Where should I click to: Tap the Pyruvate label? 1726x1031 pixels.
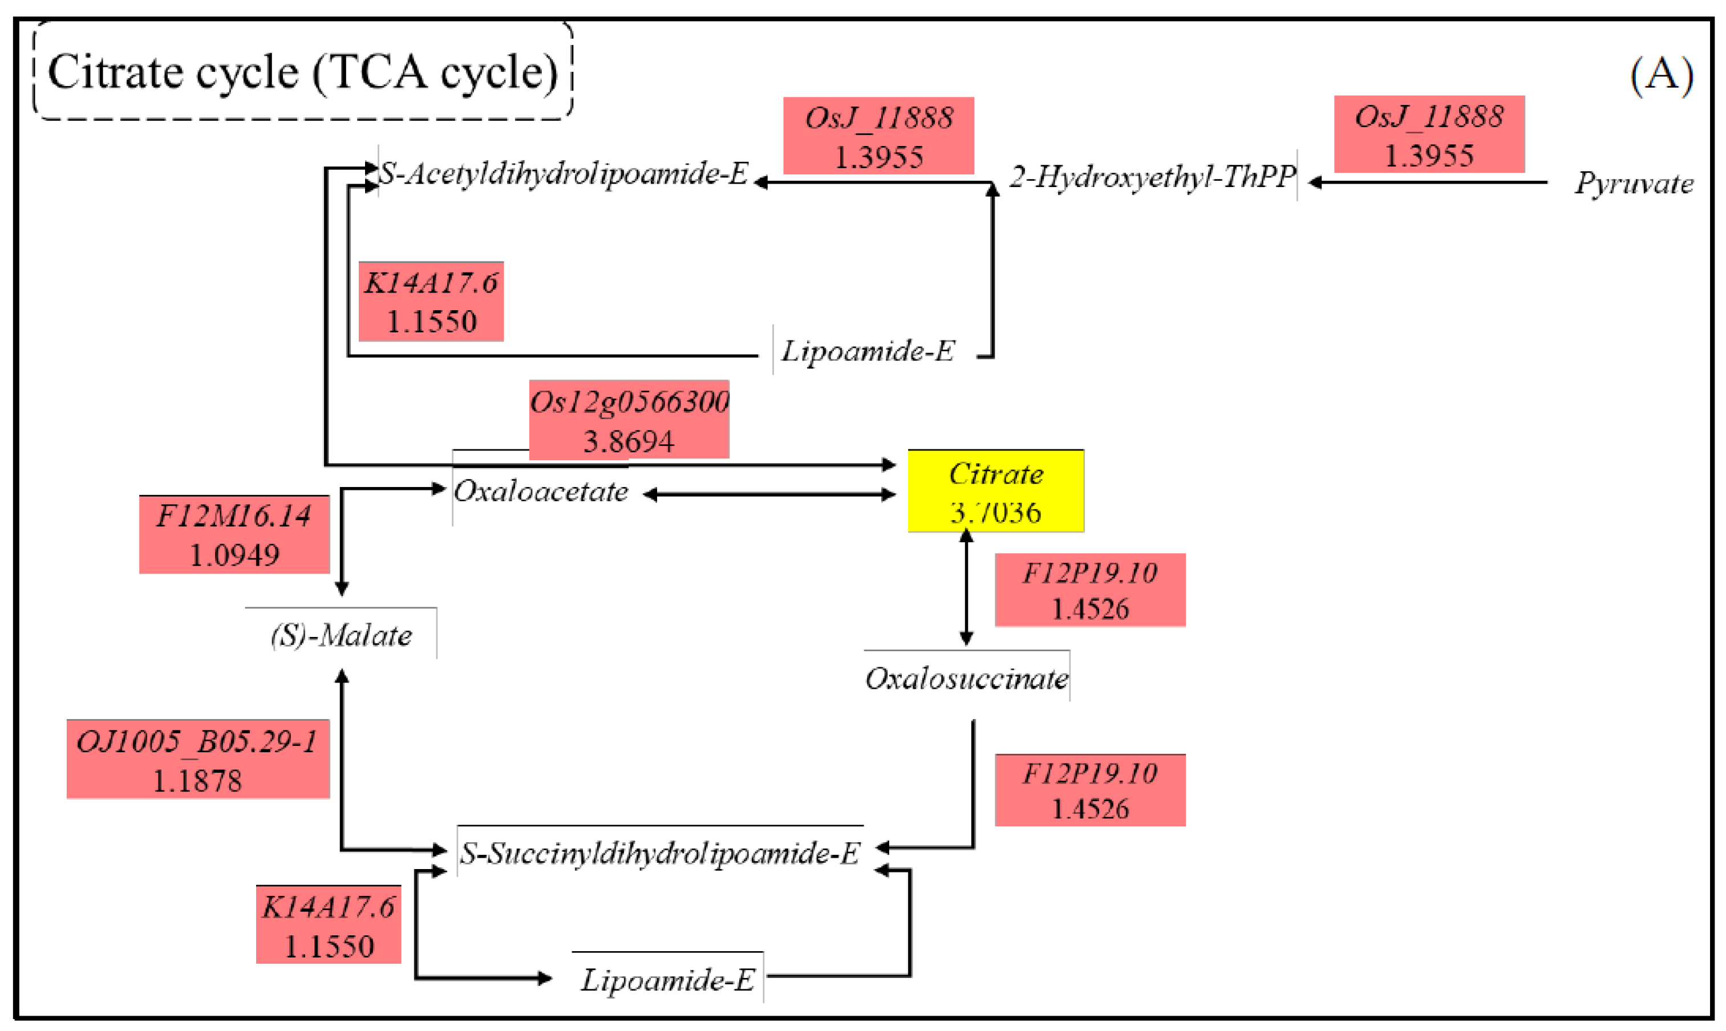coord(1633,184)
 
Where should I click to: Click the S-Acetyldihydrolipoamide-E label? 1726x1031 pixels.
coord(564,174)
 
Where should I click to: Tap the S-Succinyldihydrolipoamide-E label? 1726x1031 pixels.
coord(660,853)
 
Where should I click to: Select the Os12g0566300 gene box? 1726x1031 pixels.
coord(629,419)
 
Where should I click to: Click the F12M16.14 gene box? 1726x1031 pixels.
coord(234,534)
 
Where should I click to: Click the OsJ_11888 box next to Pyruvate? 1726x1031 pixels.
coord(1429,134)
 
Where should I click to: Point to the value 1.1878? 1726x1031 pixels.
coord(197,781)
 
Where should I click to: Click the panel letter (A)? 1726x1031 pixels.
coord(1660,73)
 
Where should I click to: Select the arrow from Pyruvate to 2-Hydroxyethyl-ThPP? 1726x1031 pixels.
coord(1427,182)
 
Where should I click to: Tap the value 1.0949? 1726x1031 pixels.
coord(234,554)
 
